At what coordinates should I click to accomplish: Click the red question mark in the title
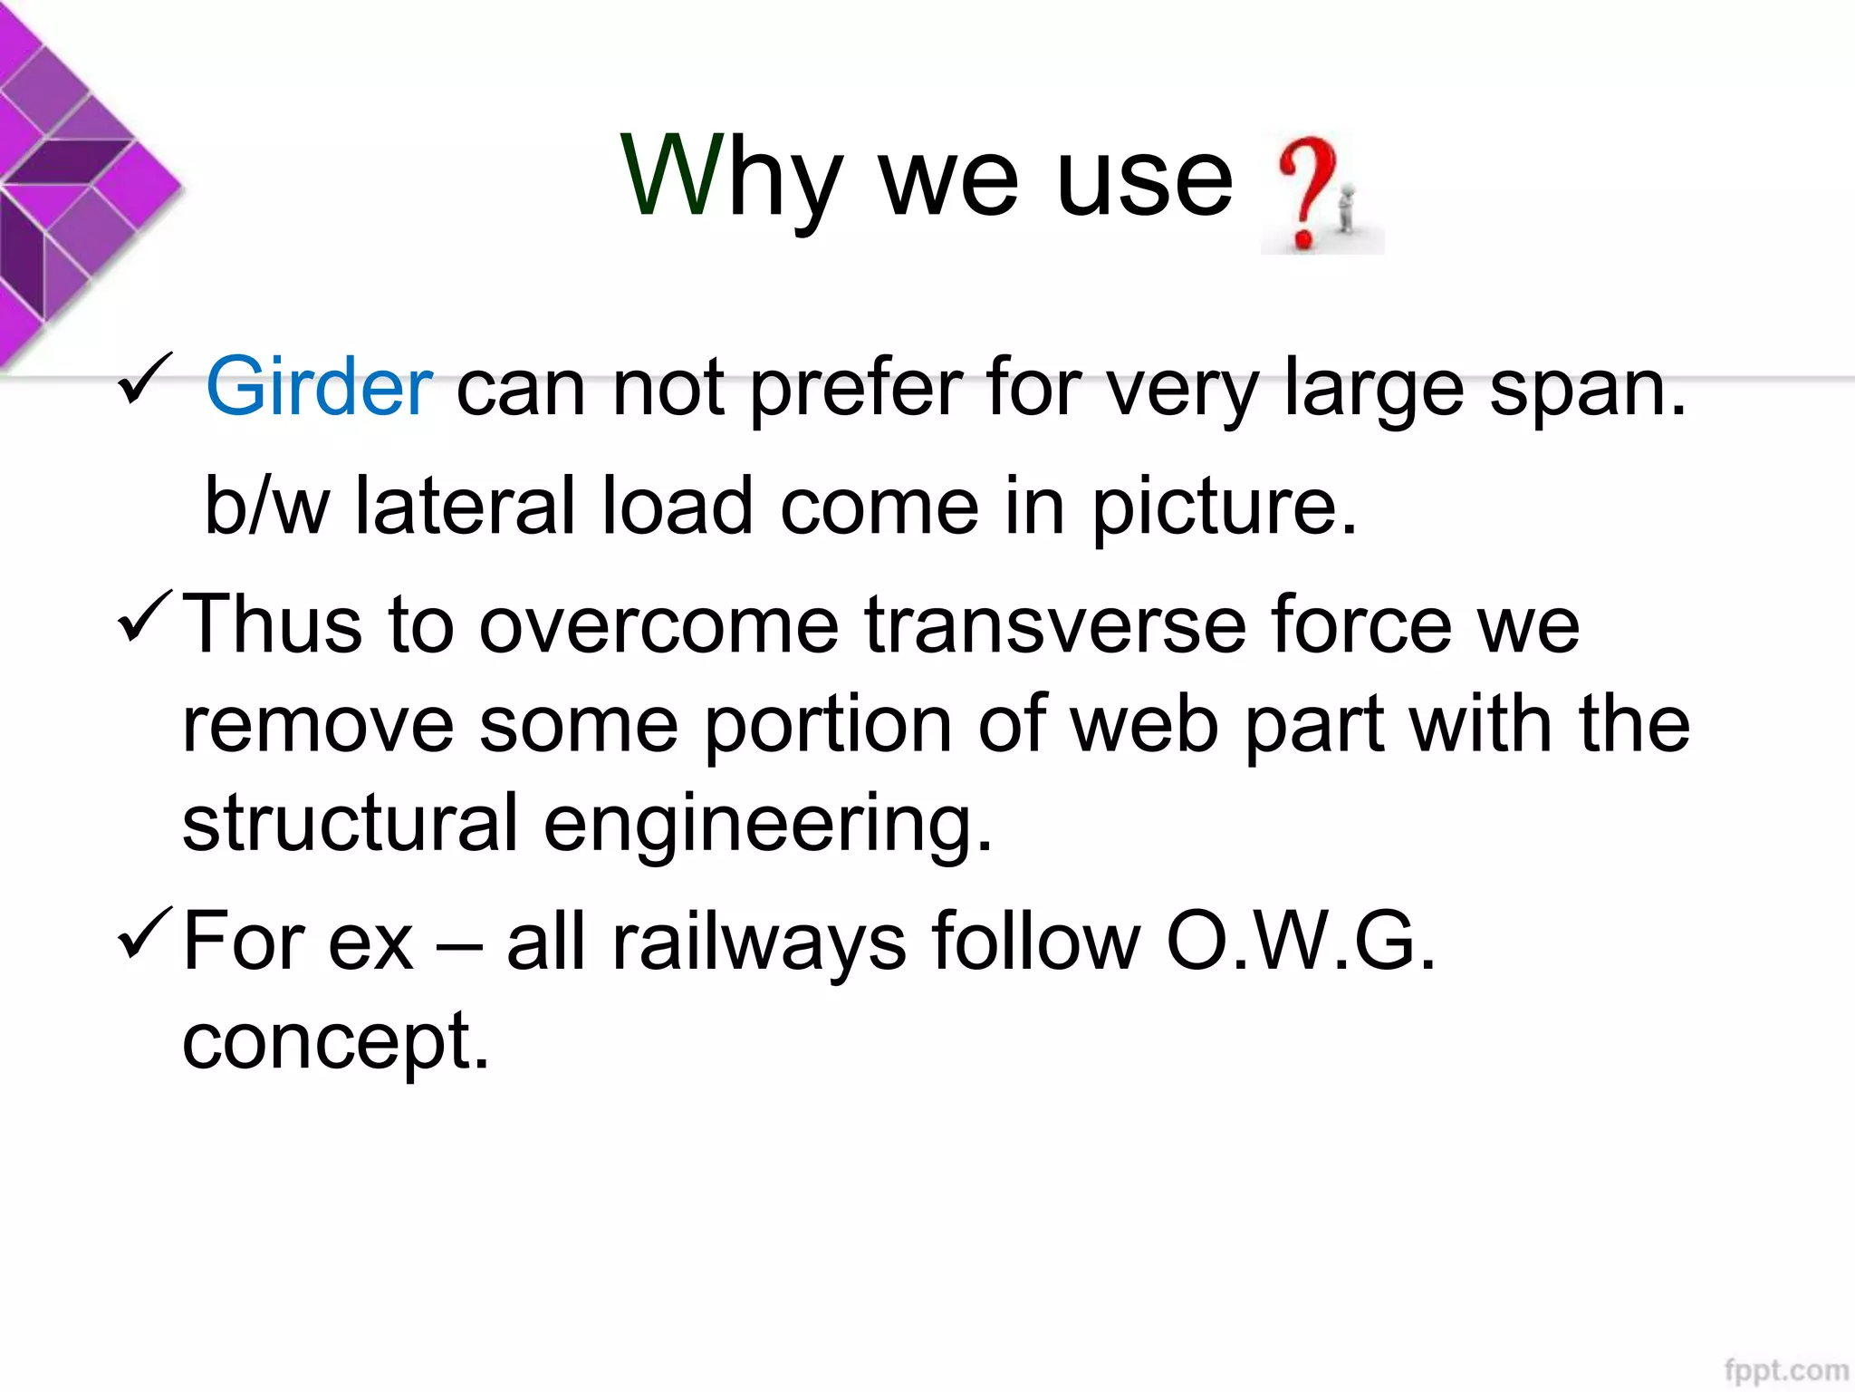point(1304,190)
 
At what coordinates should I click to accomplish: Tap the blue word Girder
point(319,388)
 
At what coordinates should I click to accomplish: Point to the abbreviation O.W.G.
point(1301,942)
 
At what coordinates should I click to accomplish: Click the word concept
point(335,1042)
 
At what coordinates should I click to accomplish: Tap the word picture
point(1224,507)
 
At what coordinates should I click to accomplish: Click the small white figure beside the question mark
point(1347,208)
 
